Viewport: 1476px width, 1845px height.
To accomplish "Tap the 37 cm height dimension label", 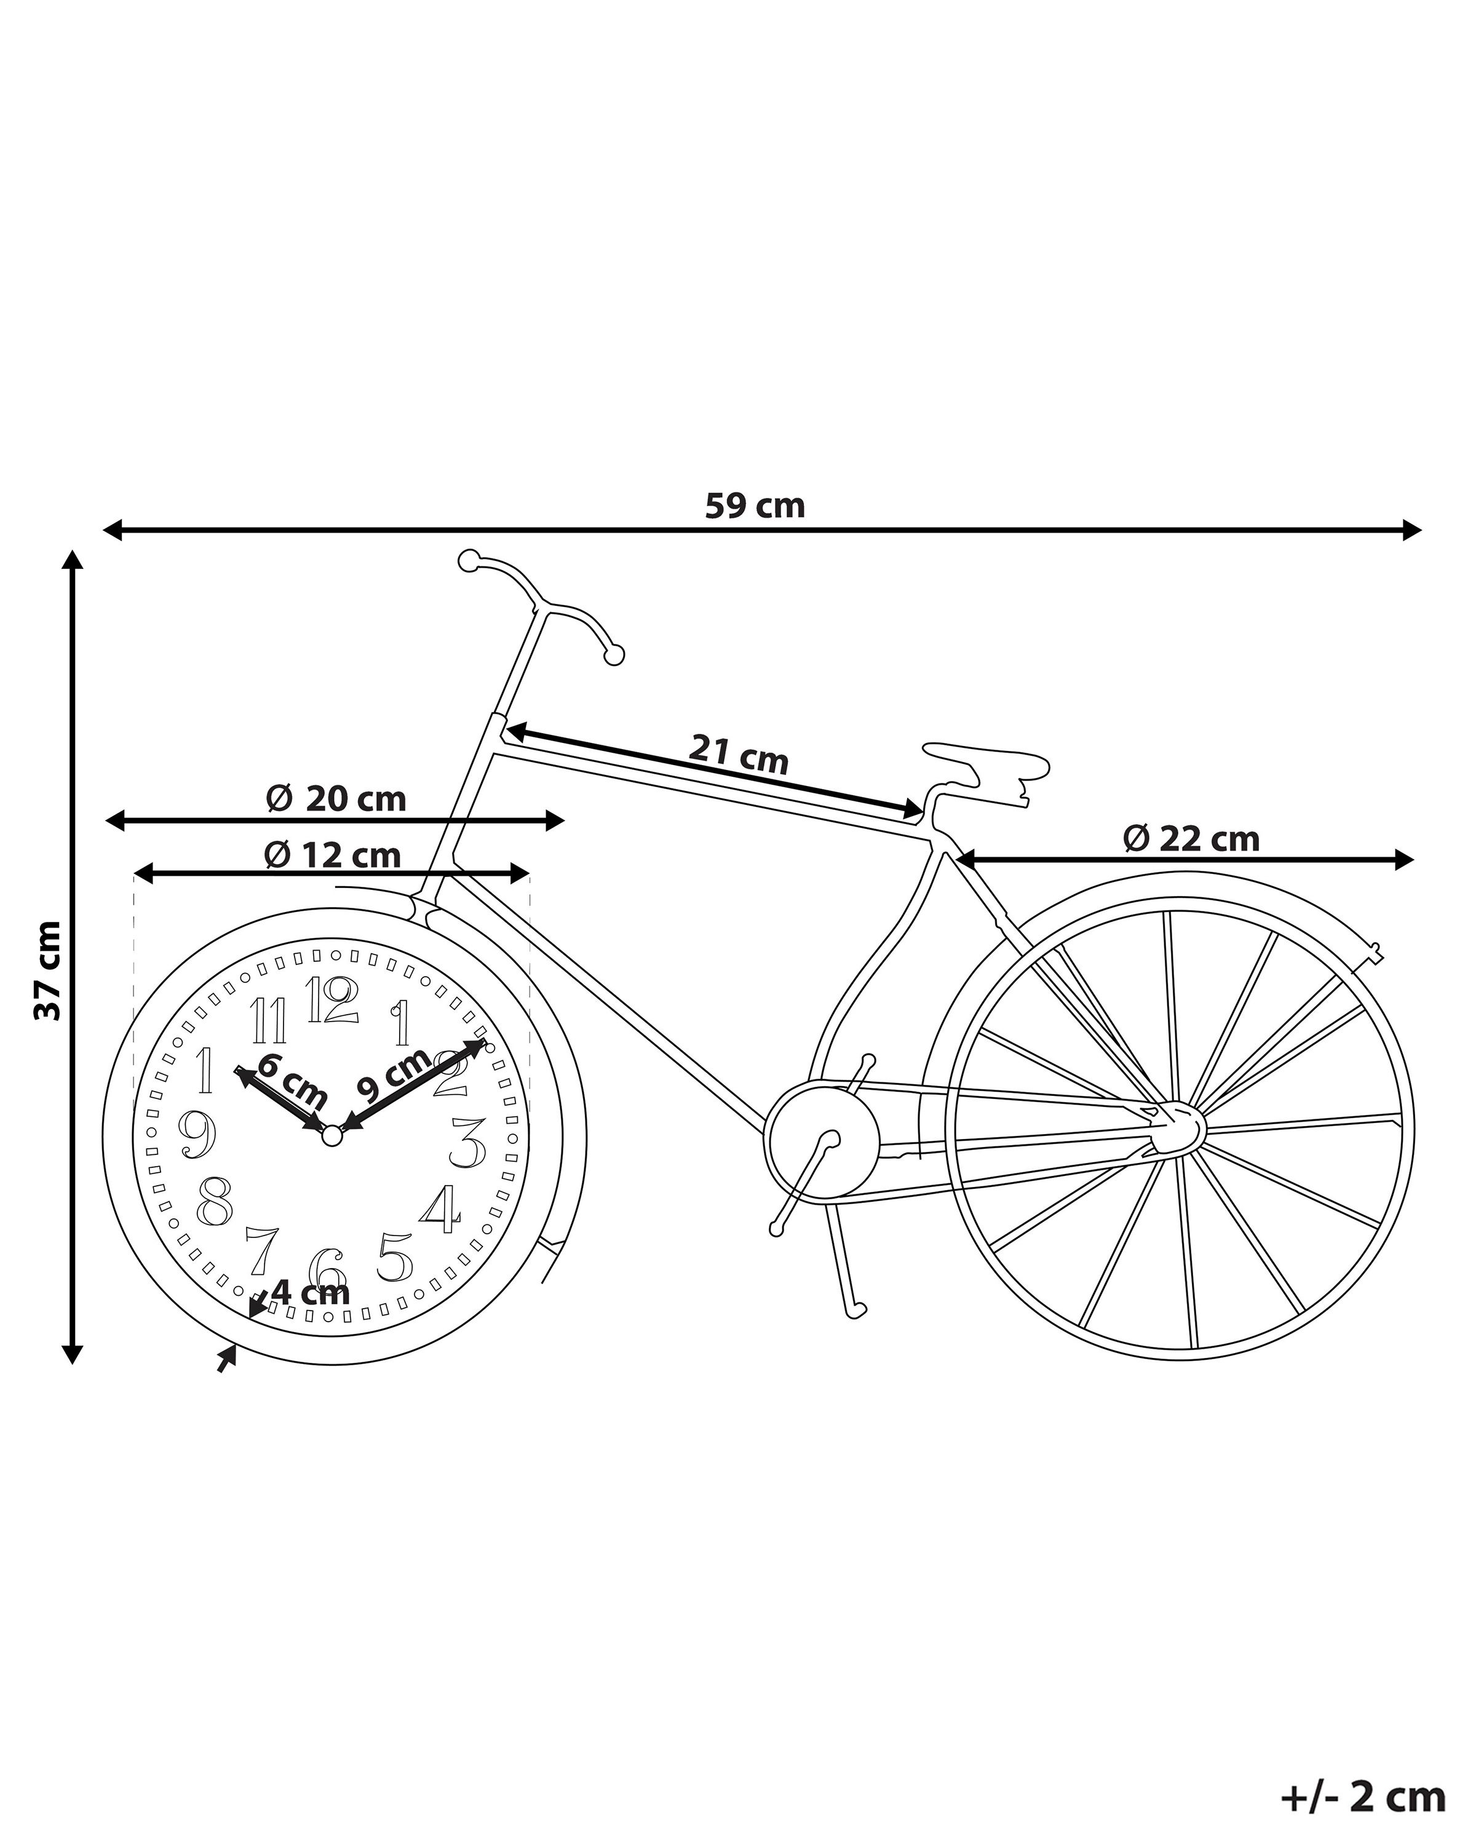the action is [x=48, y=970].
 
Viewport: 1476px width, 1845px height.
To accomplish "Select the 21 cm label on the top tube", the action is [x=739, y=753].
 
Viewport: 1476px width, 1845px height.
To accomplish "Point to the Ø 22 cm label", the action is [x=1191, y=839].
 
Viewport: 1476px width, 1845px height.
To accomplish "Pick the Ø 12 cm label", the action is [x=332, y=854].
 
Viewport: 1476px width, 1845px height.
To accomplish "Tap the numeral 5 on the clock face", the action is [x=394, y=1256].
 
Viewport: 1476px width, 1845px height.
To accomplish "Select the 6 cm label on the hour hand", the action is [x=292, y=1082].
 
